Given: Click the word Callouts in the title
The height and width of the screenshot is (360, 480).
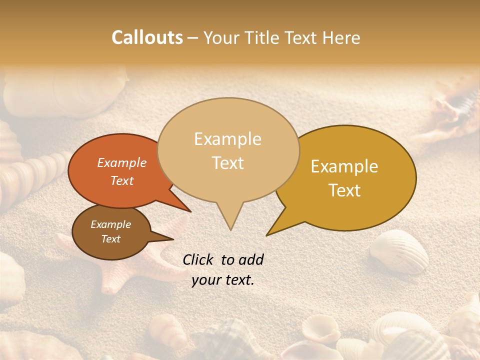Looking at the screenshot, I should (147, 38).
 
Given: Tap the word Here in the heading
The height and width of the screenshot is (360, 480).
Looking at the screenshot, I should (340, 38).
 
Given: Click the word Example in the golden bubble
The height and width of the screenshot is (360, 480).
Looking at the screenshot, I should (344, 166).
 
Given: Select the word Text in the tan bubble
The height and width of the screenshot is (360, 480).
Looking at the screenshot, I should (228, 163).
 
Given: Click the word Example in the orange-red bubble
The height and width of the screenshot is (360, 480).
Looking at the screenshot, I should (122, 162).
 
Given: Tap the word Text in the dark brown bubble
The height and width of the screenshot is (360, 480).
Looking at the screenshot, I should (111, 239).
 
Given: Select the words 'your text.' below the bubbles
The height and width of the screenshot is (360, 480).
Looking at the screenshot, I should (223, 280).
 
